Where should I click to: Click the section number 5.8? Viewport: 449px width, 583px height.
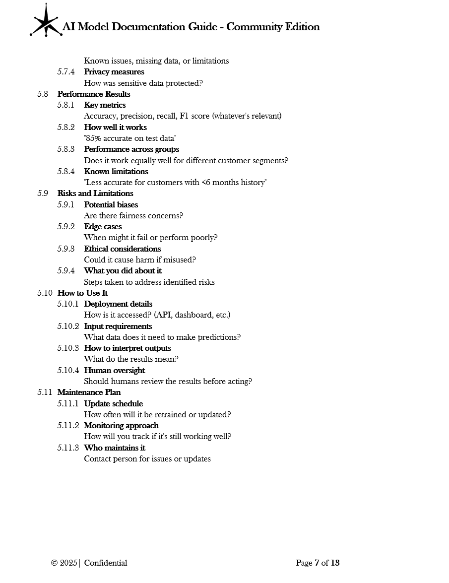[43, 94]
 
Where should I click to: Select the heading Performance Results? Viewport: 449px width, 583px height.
[94, 94]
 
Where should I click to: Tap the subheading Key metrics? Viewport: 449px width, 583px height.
[105, 105]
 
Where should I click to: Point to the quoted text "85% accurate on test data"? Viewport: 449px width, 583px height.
[130, 138]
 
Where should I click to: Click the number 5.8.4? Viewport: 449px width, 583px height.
[65, 172]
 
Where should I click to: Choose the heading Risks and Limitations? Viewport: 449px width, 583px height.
[95, 194]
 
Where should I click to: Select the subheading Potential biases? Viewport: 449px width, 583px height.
[111, 205]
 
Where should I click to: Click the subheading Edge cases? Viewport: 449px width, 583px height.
[103, 227]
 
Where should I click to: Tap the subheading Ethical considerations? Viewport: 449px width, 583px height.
[122, 249]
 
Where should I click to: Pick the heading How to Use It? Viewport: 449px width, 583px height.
[82, 293]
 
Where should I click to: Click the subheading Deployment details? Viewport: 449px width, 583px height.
[118, 304]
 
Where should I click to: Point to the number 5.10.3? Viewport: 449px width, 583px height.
[67, 348]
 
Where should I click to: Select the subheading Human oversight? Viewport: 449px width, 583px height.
[114, 371]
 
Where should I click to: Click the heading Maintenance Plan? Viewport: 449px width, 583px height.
[89, 392]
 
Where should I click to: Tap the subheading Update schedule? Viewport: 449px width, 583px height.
[113, 404]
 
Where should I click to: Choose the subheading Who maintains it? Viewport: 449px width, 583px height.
[115, 448]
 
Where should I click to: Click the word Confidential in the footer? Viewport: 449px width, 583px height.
[106, 563]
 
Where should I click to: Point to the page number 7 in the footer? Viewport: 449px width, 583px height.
[317, 563]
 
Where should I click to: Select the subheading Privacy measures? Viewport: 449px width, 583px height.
[114, 72]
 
